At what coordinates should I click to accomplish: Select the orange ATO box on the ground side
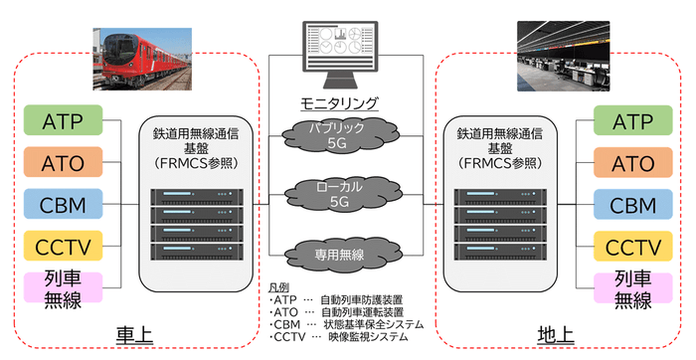(x=632, y=163)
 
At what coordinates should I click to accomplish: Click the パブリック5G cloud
(x=340, y=136)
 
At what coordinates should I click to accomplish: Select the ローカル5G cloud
(x=340, y=195)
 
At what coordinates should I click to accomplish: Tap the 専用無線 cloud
(x=340, y=255)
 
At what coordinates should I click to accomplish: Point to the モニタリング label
(x=340, y=103)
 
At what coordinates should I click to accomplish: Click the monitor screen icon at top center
(x=340, y=54)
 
